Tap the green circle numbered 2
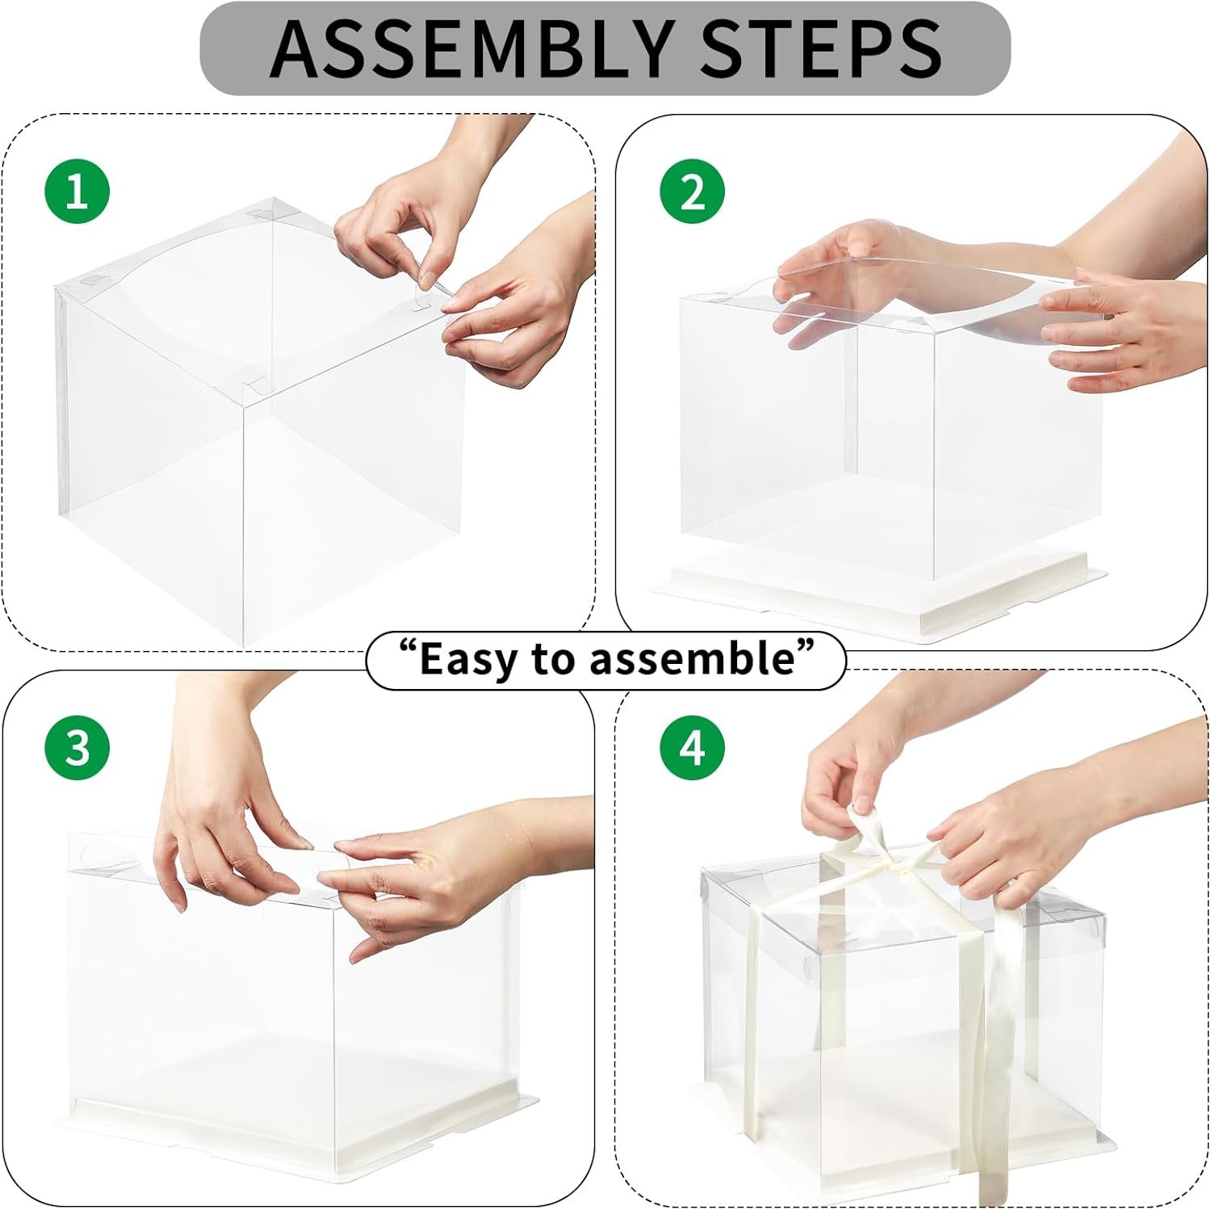(x=693, y=192)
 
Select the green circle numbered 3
(x=77, y=747)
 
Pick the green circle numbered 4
(x=693, y=747)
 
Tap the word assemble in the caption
(x=693, y=658)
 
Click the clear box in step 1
(x=258, y=452)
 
